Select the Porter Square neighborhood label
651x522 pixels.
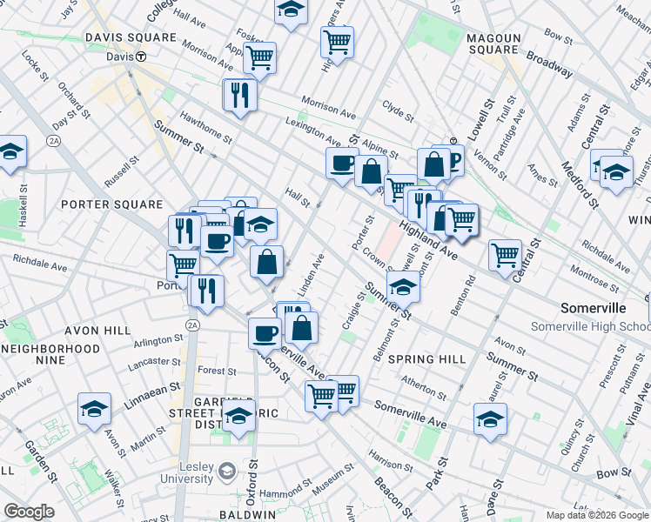pos(112,204)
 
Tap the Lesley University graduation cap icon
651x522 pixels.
pos(227,472)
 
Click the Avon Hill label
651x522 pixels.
pos(97,331)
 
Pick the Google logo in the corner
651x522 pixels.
pos(29,512)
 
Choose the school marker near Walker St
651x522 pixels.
pos(95,409)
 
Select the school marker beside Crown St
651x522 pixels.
pos(403,286)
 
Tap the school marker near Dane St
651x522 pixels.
pos(490,418)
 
